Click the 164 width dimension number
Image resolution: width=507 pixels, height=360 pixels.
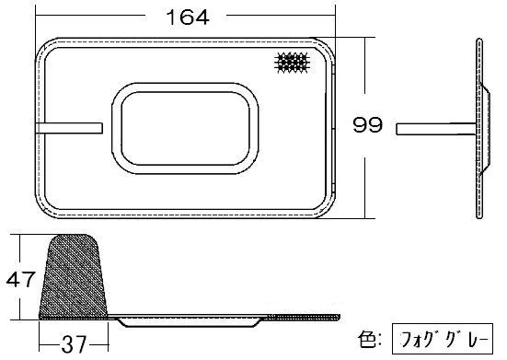coord(188,17)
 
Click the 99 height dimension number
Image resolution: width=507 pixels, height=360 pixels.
coord(368,124)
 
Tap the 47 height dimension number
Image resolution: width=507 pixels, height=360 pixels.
coord(20,279)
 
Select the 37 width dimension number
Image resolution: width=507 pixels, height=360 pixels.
coord(74,344)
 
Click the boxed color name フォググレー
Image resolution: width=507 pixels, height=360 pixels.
coord(443,339)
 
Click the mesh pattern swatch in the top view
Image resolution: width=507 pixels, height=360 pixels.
coord(292,62)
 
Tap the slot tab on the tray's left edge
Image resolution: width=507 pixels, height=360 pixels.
coord(69,128)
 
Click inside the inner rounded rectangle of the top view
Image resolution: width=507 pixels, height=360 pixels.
coord(185,128)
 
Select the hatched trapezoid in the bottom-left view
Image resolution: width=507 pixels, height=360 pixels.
coord(74,276)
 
